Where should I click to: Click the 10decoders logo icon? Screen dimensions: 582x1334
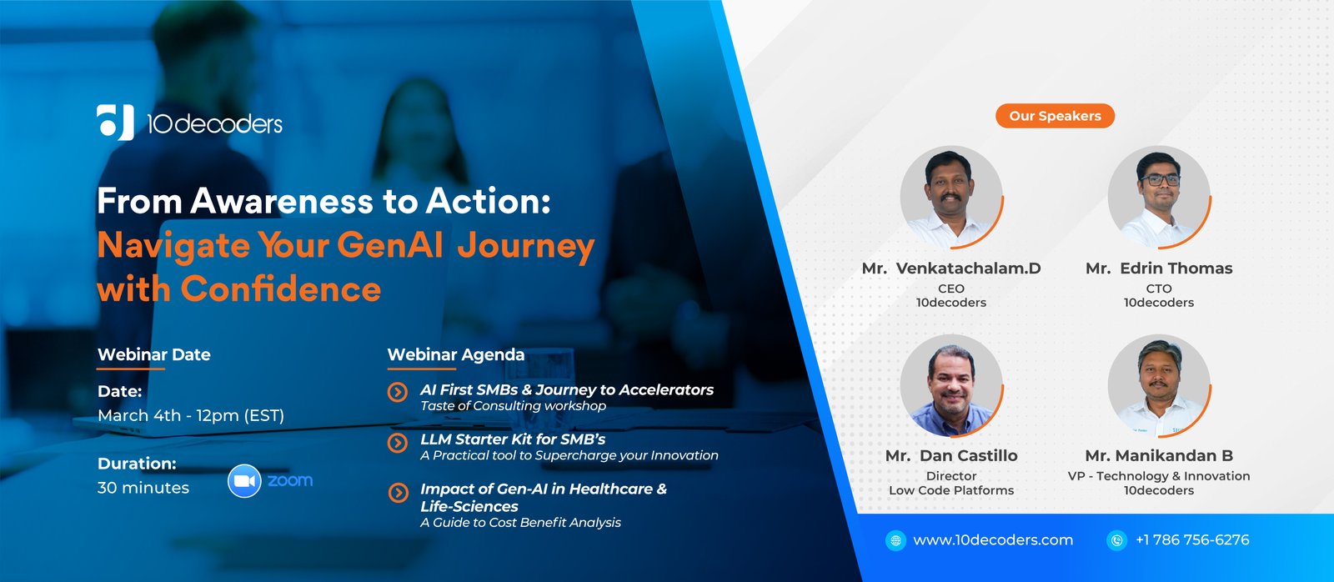[x=115, y=123]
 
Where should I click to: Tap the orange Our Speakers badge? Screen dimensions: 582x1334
[x=1055, y=116]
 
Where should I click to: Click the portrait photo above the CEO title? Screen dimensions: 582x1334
[x=950, y=197]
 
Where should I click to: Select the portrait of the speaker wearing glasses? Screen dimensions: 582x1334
[x=1158, y=197]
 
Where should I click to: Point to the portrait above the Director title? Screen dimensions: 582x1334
[x=950, y=385]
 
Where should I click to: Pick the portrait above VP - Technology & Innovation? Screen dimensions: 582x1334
[x=1158, y=385]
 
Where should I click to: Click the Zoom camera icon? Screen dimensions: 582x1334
[x=244, y=481]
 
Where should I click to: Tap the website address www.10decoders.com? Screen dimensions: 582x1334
[x=993, y=540]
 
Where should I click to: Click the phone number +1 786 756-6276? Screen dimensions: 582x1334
[x=1192, y=540]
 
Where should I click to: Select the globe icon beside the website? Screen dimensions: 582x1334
[x=895, y=540]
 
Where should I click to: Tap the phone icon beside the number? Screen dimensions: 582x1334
[x=1116, y=540]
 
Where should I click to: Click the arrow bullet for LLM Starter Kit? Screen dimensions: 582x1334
[x=398, y=443]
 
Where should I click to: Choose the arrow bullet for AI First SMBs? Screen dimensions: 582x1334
[x=398, y=392]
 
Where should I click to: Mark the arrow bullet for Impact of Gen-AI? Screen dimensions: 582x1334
[x=398, y=493]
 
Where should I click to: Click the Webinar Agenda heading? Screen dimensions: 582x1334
[x=456, y=354]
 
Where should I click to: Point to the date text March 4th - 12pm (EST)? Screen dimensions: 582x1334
[x=191, y=415]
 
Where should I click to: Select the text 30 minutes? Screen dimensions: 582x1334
[x=143, y=488]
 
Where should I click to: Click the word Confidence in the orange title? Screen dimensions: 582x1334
[x=281, y=289]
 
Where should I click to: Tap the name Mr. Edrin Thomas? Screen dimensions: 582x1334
[x=1158, y=268]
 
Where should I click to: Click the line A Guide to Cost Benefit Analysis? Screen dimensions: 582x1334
[x=520, y=523]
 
